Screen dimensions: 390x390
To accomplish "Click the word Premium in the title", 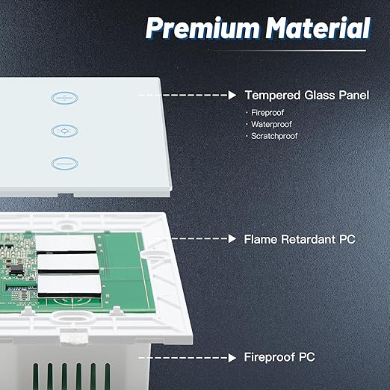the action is pos(202,28).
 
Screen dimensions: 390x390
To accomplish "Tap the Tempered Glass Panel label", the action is pos(307,95).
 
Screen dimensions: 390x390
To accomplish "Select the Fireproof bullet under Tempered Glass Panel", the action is pos(267,113).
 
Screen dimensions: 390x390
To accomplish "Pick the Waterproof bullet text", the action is pos(271,124).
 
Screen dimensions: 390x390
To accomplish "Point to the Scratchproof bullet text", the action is pos(274,136).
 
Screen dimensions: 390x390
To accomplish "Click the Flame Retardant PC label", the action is pos(300,239).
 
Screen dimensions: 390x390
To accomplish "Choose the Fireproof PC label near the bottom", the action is pos(279,357).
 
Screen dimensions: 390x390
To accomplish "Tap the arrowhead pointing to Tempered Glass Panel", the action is pos(232,95).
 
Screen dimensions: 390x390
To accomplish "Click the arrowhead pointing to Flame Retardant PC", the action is pos(232,238).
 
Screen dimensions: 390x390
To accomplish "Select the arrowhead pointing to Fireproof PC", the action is pos(232,358).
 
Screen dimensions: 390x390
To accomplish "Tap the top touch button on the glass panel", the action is pos(65,98).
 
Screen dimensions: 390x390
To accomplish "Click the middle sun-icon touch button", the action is pos(65,131).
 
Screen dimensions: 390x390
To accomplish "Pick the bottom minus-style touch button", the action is pos(65,164).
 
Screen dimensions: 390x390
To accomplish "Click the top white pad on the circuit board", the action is pos(66,243).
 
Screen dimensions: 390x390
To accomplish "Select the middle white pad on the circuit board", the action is pos(68,262).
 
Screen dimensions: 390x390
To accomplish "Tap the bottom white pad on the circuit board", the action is pos(69,283).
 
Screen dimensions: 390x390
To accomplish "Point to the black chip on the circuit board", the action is pos(16,270).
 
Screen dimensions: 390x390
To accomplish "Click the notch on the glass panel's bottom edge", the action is pos(66,195).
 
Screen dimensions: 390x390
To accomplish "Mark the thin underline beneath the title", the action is pos(287,51).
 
